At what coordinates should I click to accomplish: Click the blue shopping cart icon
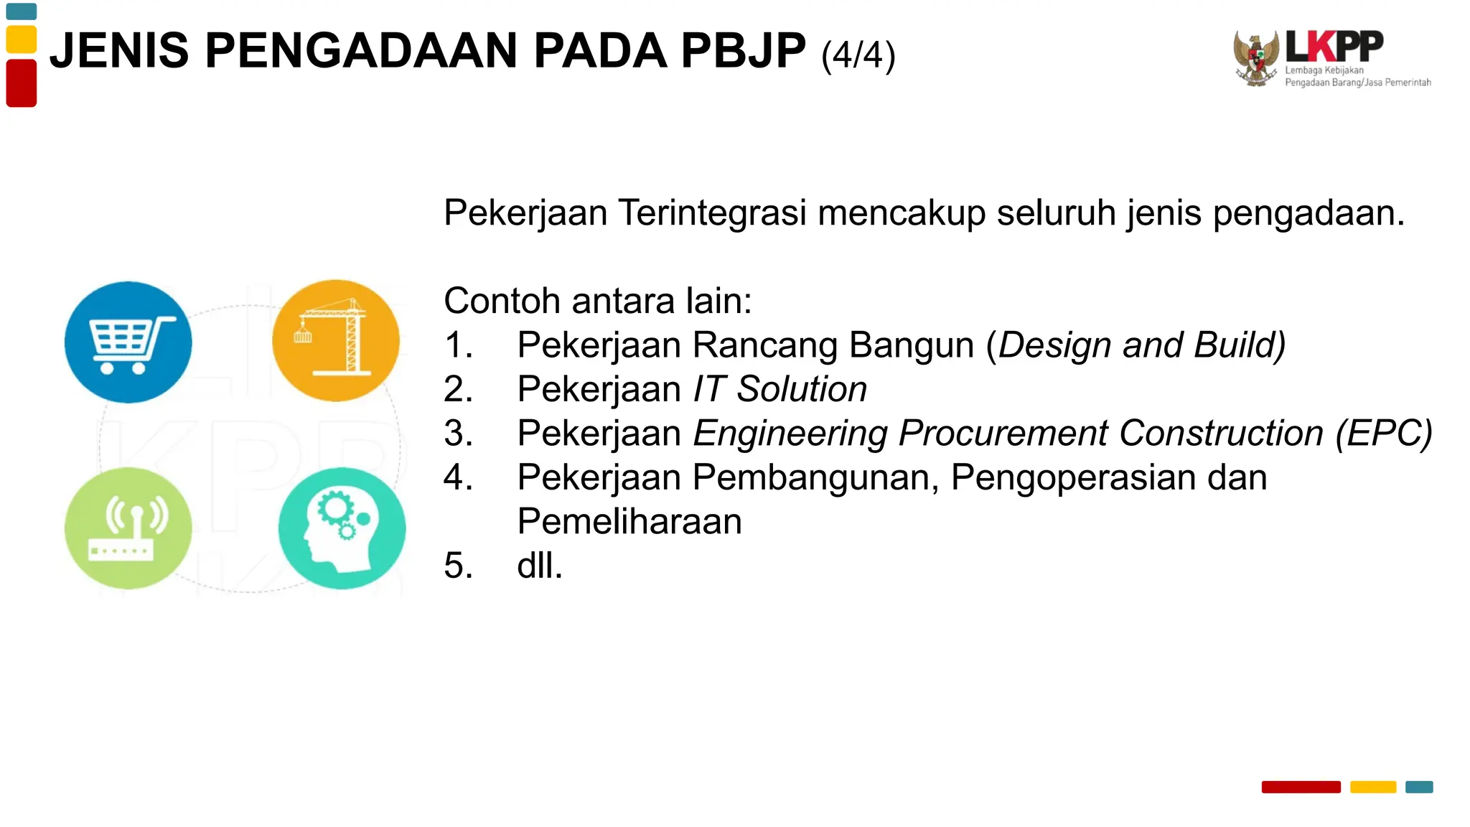click(128, 342)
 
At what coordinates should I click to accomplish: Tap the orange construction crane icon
click(336, 340)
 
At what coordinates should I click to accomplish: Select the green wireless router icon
click(128, 528)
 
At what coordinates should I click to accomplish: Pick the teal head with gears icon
click(342, 528)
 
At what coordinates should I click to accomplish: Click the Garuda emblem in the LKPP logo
click(1256, 58)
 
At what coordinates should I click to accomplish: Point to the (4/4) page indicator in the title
click(858, 55)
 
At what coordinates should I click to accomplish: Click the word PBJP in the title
click(743, 51)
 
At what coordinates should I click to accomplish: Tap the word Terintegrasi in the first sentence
click(712, 213)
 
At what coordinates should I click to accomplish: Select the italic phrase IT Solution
click(780, 389)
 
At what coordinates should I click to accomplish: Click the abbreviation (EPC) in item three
click(1383, 434)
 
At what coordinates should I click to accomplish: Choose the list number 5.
click(458, 566)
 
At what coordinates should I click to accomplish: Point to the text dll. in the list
click(540, 566)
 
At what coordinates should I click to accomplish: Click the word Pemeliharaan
click(629, 521)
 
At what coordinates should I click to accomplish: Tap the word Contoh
click(502, 301)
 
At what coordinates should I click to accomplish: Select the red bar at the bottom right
click(1301, 787)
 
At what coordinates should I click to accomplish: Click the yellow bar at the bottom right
click(1372, 787)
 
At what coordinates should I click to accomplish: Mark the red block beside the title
click(22, 83)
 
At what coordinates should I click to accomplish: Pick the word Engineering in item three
click(790, 434)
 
